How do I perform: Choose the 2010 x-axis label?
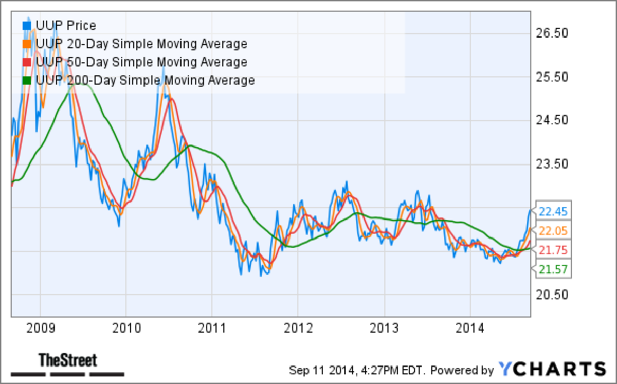click(x=126, y=327)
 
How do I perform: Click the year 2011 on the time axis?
click(x=212, y=327)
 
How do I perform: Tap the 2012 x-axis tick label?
click(x=298, y=327)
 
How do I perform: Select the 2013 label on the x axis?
click(x=384, y=327)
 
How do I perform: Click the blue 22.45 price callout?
click(x=552, y=211)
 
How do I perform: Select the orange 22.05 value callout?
click(x=552, y=231)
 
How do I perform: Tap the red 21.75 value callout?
click(x=552, y=250)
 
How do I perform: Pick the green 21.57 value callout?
click(x=552, y=269)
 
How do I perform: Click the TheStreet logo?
click(x=68, y=361)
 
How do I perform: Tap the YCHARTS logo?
click(x=552, y=369)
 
